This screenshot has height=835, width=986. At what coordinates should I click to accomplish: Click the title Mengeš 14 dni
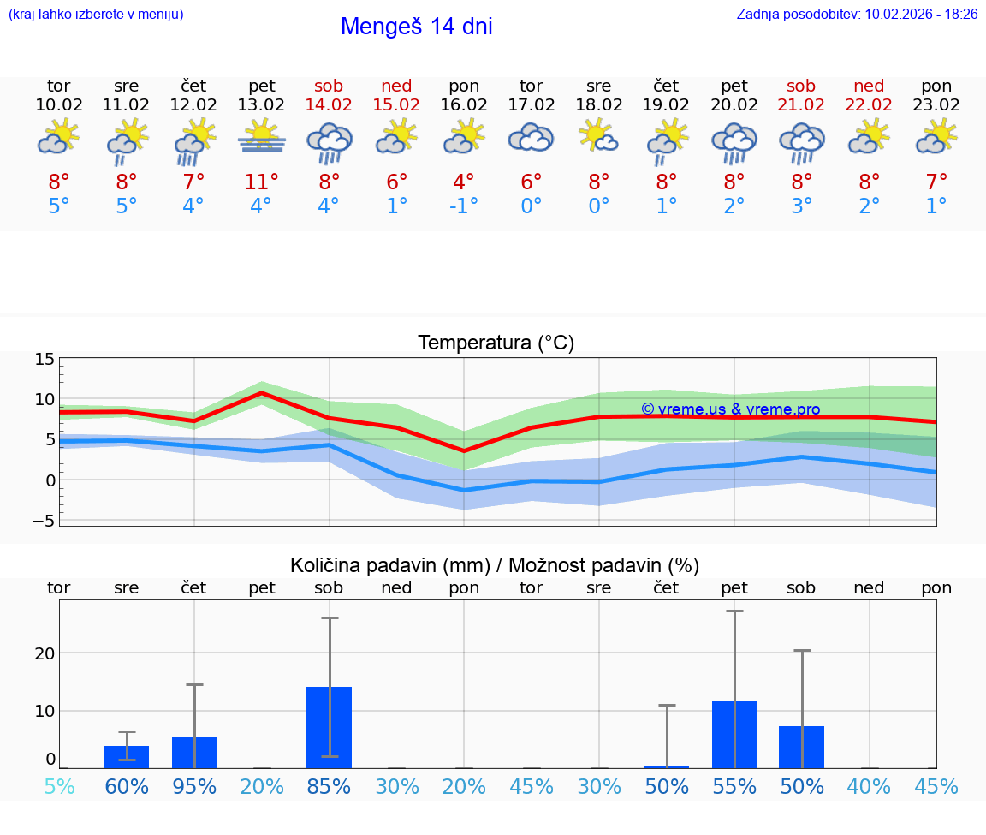click(x=416, y=27)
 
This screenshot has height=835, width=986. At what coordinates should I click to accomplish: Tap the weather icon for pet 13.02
click(x=262, y=138)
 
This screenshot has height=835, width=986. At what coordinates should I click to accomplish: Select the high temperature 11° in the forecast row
click(x=262, y=182)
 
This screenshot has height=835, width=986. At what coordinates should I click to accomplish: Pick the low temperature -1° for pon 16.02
click(x=464, y=206)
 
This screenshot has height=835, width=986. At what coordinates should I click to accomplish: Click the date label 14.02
click(x=329, y=105)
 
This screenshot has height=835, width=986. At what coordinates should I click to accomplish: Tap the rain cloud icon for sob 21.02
click(x=801, y=142)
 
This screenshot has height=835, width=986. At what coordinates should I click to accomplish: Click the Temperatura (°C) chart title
click(x=496, y=343)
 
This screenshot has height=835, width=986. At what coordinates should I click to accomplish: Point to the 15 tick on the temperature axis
click(x=45, y=359)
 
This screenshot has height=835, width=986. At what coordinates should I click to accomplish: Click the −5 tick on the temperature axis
click(x=45, y=521)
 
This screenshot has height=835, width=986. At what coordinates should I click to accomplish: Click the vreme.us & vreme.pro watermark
click(x=730, y=409)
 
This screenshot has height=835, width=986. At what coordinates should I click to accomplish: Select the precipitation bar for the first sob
click(x=330, y=727)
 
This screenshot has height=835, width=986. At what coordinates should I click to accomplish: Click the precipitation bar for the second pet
click(x=734, y=734)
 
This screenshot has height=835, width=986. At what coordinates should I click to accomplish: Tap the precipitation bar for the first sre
click(x=127, y=757)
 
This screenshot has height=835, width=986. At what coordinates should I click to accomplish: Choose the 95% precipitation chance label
click(x=194, y=786)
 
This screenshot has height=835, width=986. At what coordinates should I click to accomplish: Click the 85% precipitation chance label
click(x=330, y=786)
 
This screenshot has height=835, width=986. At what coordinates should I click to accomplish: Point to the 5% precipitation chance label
click(x=59, y=786)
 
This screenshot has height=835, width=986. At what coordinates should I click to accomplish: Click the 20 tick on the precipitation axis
click(x=45, y=653)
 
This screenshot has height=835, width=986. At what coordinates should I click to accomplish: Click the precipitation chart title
click(x=495, y=565)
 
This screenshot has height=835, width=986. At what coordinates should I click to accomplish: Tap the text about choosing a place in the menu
click(x=96, y=14)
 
